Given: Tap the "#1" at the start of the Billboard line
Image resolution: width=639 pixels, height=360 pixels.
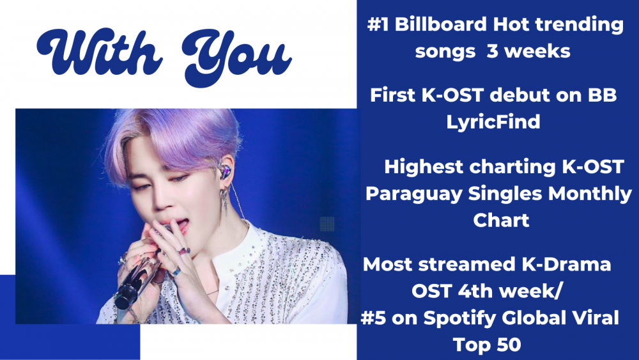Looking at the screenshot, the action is click(x=378, y=24).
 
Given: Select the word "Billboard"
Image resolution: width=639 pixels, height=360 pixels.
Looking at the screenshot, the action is click(x=441, y=24).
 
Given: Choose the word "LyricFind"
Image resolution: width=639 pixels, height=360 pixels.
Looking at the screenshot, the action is click(x=493, y=122).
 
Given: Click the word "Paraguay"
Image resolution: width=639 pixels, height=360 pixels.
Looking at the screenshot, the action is click(x=414, y=194).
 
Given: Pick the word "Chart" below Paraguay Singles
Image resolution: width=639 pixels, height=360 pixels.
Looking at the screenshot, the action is click(x=501, y=220).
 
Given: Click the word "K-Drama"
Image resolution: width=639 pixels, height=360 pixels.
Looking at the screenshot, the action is click(x=566, y=264).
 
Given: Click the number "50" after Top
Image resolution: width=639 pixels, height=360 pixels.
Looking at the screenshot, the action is click(x=509, y=345).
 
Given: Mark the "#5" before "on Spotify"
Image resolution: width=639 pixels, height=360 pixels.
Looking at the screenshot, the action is click(x=373, y=318).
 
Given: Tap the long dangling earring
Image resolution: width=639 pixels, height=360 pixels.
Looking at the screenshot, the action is click(x=224, y=203).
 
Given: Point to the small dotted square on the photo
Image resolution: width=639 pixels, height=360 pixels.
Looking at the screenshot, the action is click(x=327, y=223).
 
